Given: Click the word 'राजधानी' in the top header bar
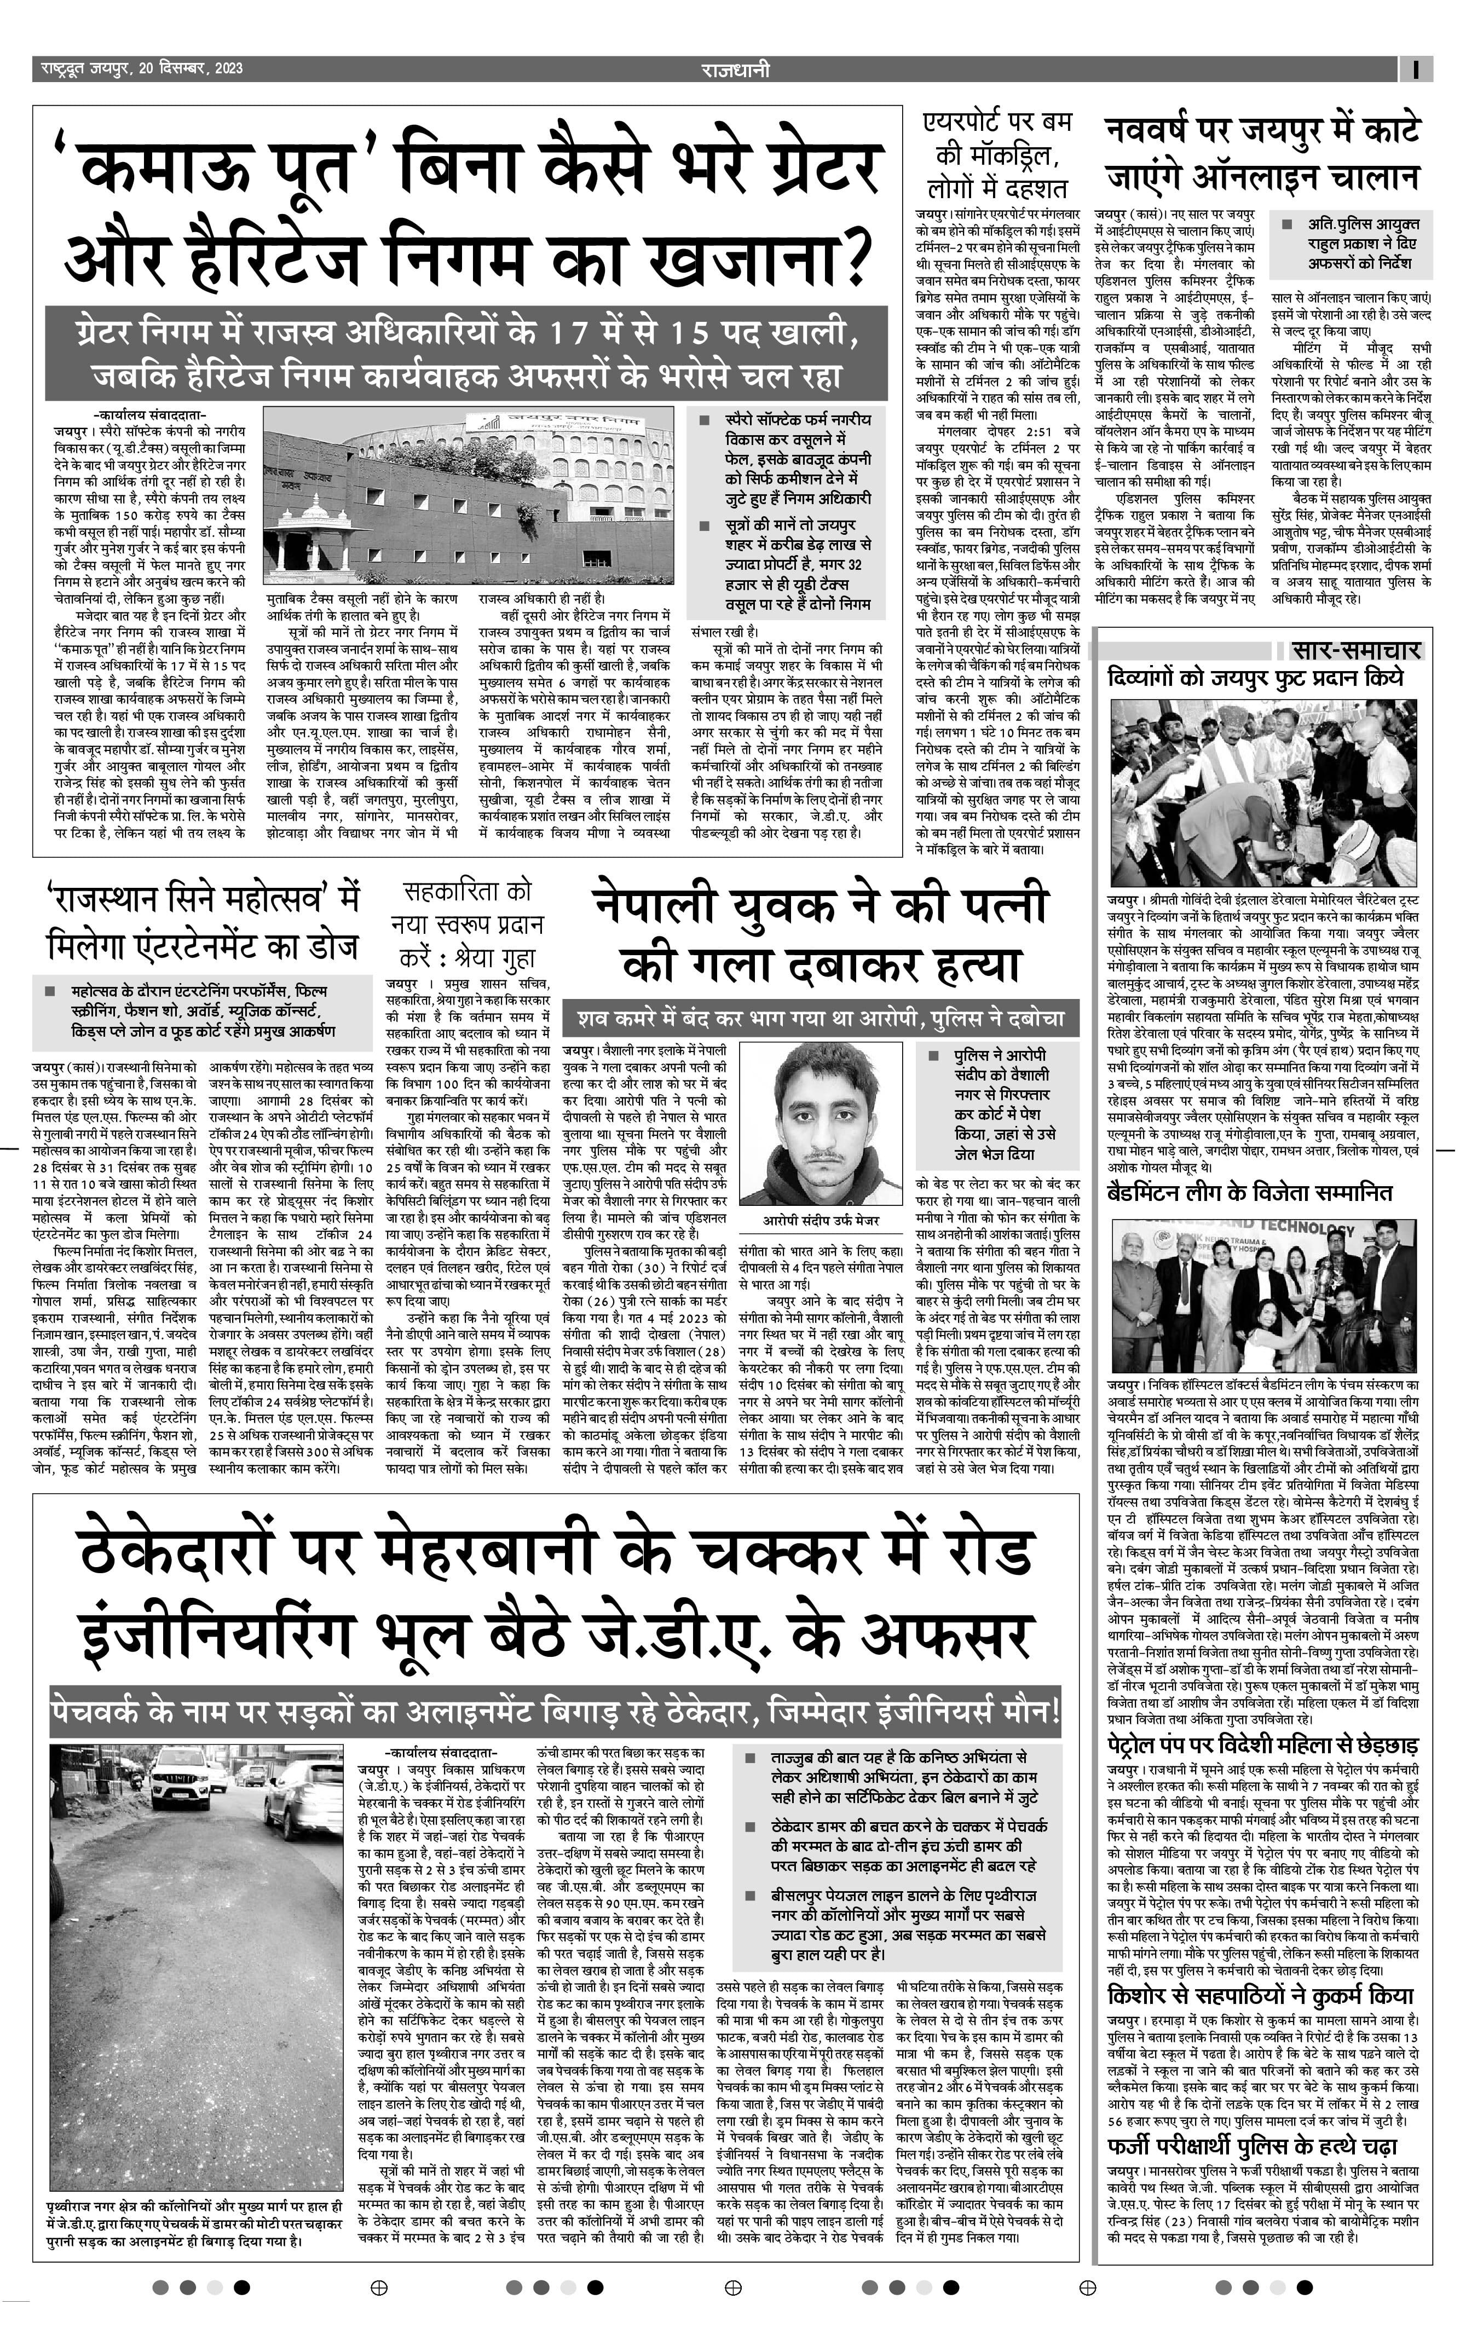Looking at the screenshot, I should click(x=735, y=68).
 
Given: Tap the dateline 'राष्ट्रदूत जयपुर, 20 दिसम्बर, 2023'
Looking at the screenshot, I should click(x=141, y=68).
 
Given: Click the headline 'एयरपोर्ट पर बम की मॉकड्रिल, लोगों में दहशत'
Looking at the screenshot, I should click(x=996, y=155).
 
